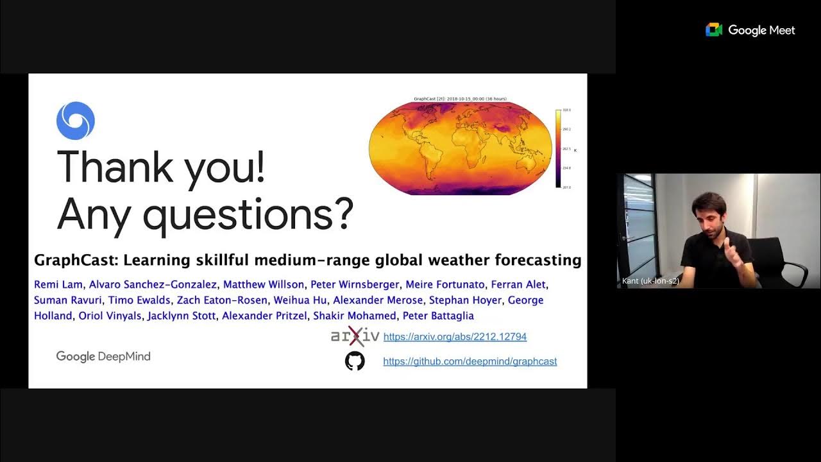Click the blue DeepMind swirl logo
click(76, 121)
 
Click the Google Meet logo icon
click(714, 30)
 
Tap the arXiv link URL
click(455, 337)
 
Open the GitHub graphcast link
click(470, 361)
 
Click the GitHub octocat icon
click(355, 361)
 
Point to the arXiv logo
click(355, 336)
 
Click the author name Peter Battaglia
click(438, 316)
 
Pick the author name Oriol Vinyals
click(110, 316)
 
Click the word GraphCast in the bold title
click(75, 261)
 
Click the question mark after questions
click(343, 214)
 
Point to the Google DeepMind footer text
click(103, 357)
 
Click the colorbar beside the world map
click(558, 149)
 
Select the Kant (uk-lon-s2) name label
click(650, 281)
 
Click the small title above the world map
click(460, 99)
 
